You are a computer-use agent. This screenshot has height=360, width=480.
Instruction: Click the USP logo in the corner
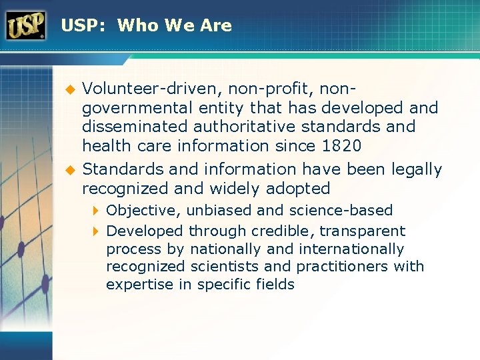[x=25, y=25]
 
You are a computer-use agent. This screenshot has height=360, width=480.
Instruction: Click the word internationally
[x=352, y=249]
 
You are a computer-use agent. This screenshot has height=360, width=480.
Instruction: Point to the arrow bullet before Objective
[x=95, y=211]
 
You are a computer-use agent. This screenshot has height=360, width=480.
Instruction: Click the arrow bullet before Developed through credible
[x=95, y=231]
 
